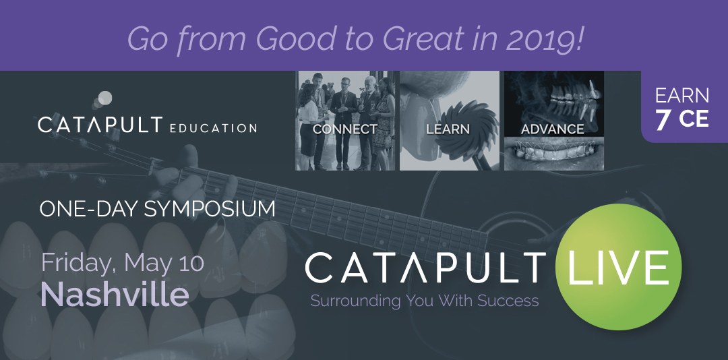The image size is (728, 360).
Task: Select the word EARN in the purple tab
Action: pyautogui.click(x=682, y=96)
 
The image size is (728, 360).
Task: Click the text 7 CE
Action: pyautogui.click(x=681, y=119)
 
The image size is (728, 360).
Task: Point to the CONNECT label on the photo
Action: pyautogui.click(x=344, y=129)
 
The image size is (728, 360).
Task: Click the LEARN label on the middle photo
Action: pyautogui.click(x=448, y=129)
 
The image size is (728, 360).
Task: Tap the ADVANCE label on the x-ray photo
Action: pyautogui.click(x=553, y=128)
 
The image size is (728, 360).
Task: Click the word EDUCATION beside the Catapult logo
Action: pyautogui.click(x=213, y=127)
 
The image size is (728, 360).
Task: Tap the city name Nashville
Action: pyautogui.click(x=115, y=295)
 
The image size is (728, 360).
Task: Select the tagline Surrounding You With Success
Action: pyautogui.click(x=425, y=301)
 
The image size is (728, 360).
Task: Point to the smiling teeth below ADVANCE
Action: pyautogui.click(x=553, y=154)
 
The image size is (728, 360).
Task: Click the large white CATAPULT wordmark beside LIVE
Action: pyautogui.click(x=425, y=268)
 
